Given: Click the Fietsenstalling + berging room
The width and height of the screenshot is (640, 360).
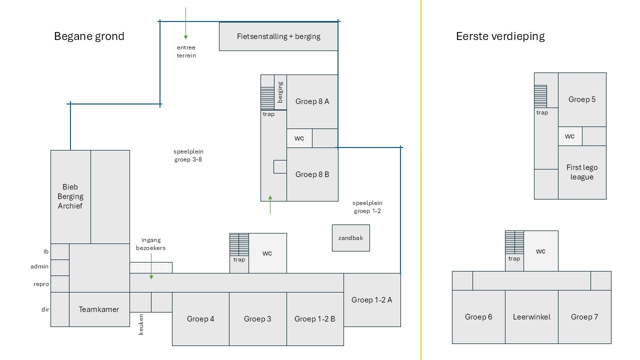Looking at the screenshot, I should pos(278,36).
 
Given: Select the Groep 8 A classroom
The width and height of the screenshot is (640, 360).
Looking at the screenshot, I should pos(312,101).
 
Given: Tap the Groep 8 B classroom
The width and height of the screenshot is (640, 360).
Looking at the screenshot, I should pos(312,174).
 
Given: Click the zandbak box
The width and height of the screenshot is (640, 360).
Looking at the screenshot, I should pos(350,238).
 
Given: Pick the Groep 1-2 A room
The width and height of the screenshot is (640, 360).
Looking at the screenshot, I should pos(371,300).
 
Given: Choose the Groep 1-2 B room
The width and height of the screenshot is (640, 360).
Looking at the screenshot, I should pos(314,319).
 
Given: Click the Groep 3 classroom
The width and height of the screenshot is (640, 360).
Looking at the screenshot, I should pos(257,319).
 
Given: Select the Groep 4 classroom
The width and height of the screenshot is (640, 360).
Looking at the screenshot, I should pos(200,319).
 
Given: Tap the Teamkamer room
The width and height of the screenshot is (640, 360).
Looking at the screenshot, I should pos(99,309).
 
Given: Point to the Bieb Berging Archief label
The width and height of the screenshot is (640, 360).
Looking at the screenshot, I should pos(70,196).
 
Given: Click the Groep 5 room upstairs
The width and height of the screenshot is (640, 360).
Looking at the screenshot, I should pos(582,99).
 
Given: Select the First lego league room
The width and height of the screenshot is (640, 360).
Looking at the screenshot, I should pos(582,172).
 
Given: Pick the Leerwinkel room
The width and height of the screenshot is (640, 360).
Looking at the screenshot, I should pos(531,317).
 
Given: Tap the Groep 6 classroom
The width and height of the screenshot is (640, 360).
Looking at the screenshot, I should pos(478,317).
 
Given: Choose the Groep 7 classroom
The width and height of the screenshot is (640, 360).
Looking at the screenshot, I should pos(584,317).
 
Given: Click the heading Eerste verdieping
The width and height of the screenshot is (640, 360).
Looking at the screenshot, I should pos(500,36).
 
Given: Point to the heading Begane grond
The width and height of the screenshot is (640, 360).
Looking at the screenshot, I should pos(89,36).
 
